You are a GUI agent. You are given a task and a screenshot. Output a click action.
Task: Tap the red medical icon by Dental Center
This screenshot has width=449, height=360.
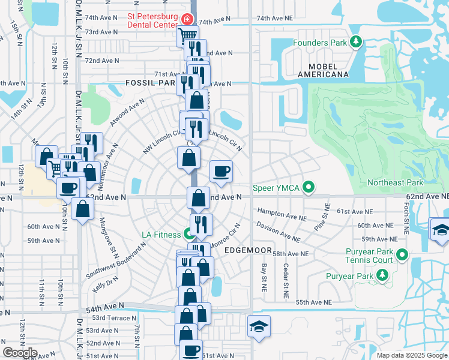187,19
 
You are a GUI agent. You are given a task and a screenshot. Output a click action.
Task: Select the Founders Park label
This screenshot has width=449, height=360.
320,43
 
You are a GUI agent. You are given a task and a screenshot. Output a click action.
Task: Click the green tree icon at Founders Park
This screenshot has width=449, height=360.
357,41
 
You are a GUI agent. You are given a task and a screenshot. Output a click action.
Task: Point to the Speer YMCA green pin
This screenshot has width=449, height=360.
309,188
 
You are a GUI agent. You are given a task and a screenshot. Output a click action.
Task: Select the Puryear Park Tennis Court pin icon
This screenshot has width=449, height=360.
402,255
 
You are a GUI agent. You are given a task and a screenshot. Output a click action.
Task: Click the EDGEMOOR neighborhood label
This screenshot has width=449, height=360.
248,250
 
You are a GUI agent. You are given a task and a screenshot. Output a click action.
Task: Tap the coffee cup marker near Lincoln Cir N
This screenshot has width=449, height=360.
221,171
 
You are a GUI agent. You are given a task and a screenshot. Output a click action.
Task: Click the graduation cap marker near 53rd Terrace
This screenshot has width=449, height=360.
259,326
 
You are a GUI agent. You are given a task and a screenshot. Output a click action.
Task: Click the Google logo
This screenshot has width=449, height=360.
20,353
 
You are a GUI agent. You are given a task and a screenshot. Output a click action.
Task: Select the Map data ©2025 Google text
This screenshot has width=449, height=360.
411,355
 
